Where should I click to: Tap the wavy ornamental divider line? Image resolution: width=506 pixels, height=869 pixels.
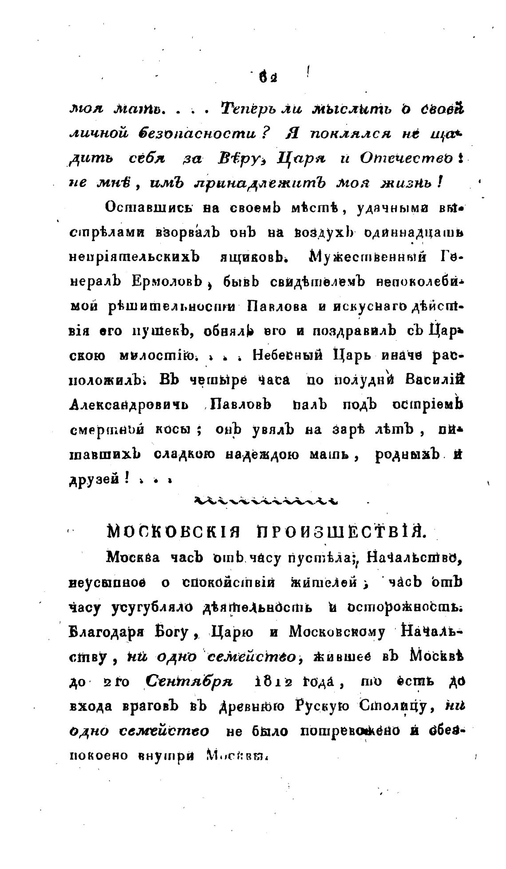[266, 501]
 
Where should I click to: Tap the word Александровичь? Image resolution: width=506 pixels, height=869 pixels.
[129, 405]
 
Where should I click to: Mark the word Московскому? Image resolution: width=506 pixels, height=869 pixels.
[337, 631]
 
